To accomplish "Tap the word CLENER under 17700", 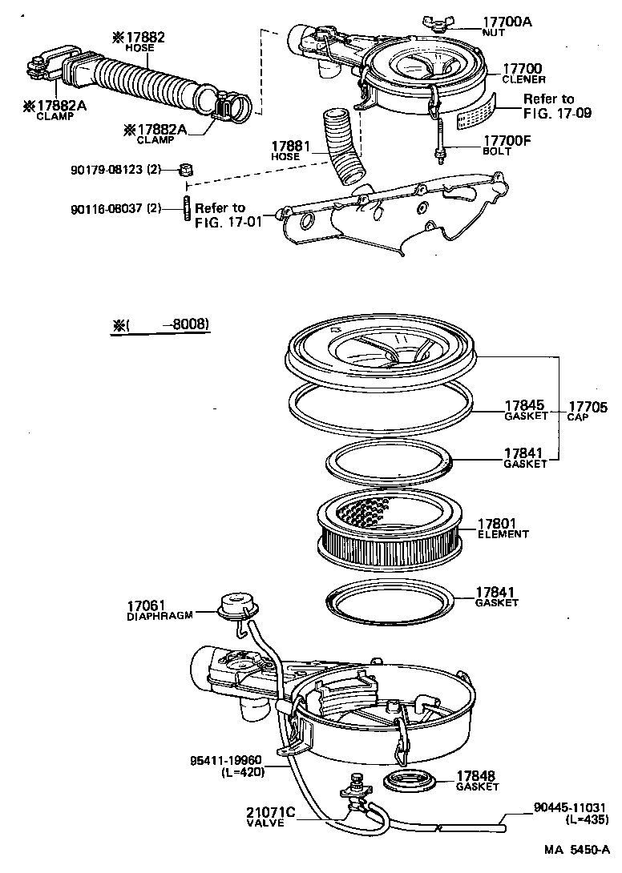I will (523, 80).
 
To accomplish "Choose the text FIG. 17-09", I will (557, 113).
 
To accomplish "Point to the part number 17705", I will (588, 406).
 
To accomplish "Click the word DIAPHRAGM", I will (160, 617).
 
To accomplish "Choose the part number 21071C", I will (271, 812).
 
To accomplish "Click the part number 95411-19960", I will (228, 761).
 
